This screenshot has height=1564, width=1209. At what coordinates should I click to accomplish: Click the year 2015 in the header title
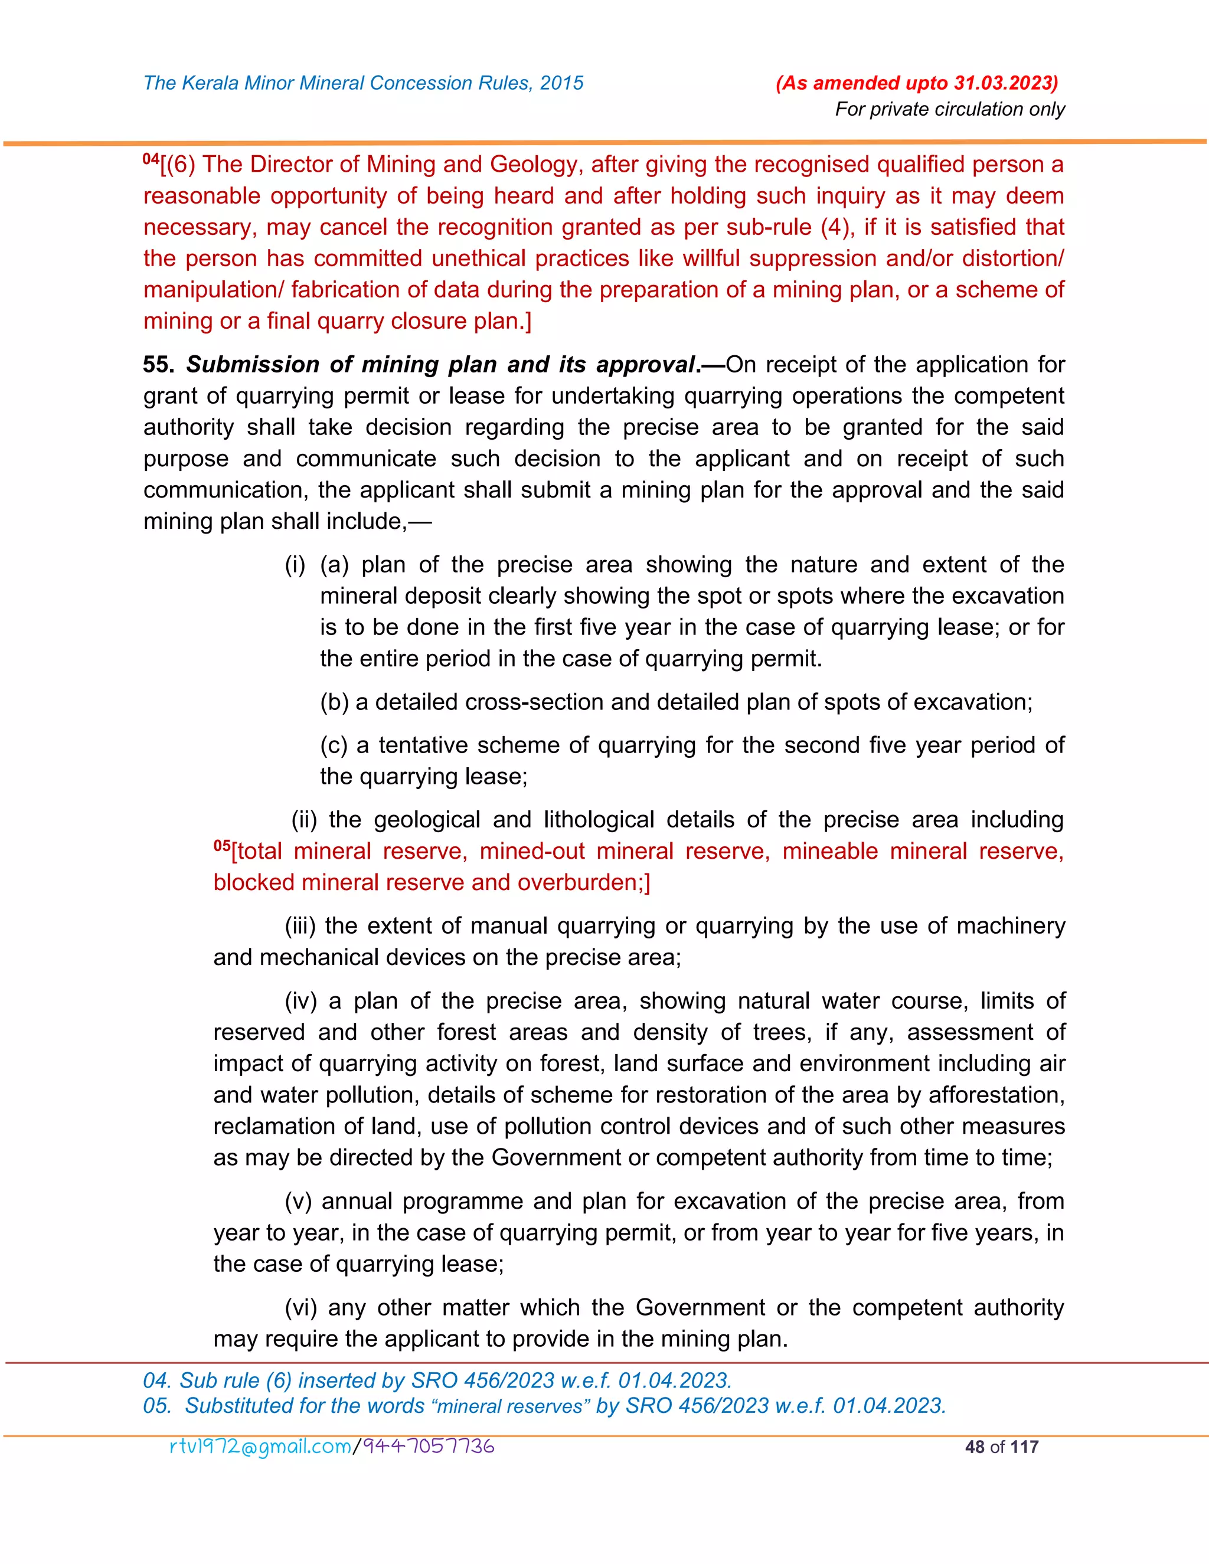(x=561, y=83)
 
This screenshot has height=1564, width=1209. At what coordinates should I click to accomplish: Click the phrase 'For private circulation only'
(x=950, y=110)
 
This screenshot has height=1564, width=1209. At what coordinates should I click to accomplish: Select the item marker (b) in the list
(x=334, y=702)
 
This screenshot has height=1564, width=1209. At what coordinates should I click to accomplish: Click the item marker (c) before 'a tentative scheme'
(x=334, y=745)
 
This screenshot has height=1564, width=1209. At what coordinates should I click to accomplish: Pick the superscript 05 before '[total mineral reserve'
(x=221, y=846)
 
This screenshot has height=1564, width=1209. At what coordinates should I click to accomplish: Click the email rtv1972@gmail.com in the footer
(x=260, y=1447)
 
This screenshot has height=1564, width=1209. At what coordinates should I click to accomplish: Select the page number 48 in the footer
(x=974, y=1447)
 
